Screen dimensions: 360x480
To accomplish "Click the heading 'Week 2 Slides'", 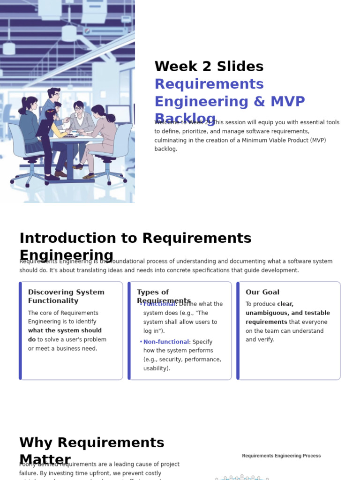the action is coord(209,67).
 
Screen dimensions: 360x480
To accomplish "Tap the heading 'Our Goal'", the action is coord(262,292).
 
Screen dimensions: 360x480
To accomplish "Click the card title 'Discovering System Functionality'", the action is coord(66,296).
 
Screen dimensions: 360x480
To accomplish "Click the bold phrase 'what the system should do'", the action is coord(65,335).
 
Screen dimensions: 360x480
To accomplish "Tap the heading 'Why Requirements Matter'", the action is coord(92,450).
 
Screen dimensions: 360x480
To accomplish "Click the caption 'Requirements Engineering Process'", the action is coord(281,456).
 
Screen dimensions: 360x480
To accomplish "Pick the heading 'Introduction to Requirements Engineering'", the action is coord(135,246).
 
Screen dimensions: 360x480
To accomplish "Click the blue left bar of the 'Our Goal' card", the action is coord(238,330).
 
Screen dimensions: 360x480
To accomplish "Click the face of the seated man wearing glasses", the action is coord(79,108).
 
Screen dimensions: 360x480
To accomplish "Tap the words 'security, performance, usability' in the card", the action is coord(182,364).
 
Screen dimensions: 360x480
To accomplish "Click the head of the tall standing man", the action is coord(54,94).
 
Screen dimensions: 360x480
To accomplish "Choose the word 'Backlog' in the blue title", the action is coord(185,118).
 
